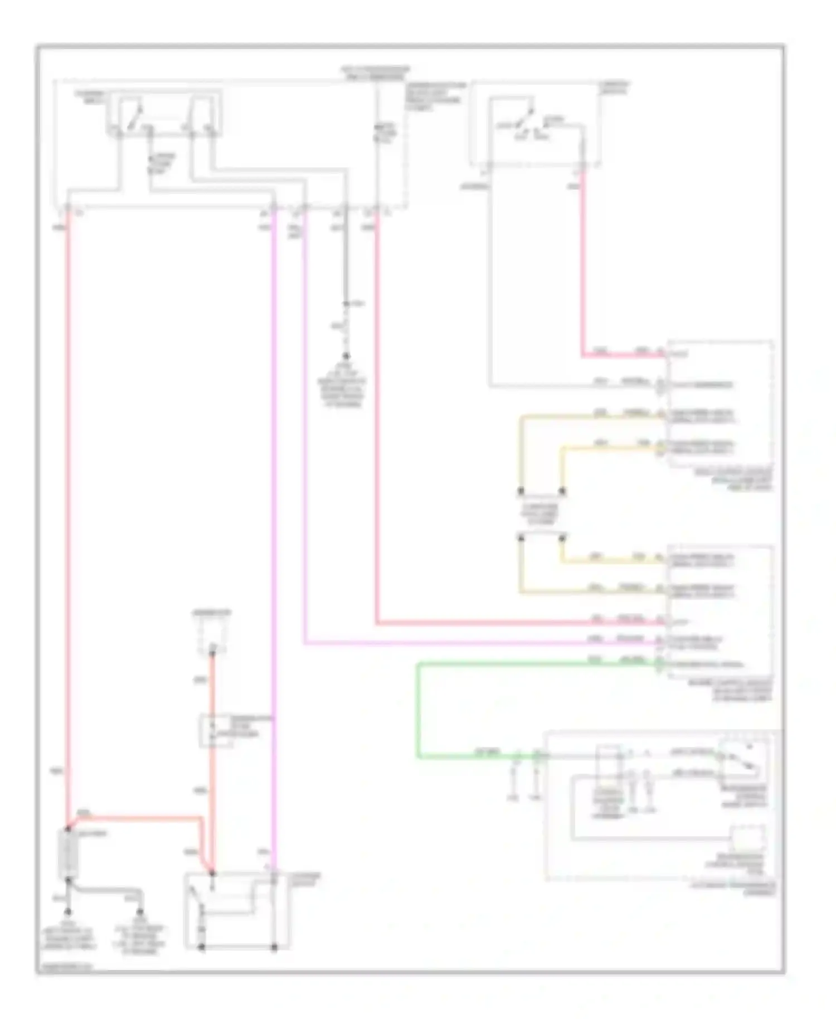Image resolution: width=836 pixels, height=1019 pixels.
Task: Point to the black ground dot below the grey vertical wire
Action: (346, 356)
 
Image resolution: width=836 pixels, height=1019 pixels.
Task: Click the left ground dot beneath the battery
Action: (68, 912)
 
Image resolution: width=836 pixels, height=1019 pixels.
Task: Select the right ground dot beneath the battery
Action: (140, 912)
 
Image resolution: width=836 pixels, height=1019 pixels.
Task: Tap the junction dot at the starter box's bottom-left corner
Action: (202, 947)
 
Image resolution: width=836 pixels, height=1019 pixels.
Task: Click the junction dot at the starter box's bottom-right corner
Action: (274, 947)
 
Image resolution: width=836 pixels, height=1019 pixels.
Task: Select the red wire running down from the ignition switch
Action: (582, 262)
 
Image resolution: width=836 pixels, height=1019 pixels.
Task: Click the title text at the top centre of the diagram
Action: (375, 73)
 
